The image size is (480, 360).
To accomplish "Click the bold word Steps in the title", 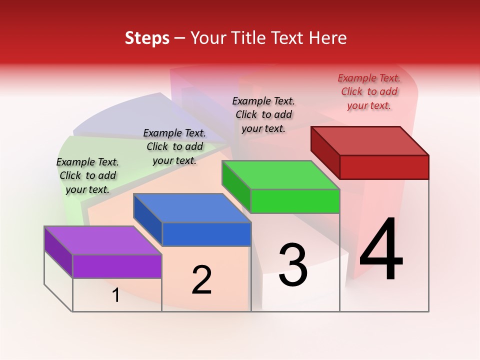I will click(x=147, y=38).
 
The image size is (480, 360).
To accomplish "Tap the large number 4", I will click(x=381, y=250).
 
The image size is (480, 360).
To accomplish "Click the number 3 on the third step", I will click(x=293, y=265).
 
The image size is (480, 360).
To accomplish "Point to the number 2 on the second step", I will click(x=202, y=280).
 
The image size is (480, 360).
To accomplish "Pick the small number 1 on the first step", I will click(x=116, y=295).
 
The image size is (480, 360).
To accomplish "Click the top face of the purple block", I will click(x=102, y=240).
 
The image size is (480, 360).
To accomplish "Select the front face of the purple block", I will click(x=117, y=266).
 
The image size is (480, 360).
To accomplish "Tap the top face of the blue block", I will click(x=192, y=208).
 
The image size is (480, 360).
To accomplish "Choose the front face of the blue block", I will click(x=206, y=234).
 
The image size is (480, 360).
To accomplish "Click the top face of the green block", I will click(x=280, y=175).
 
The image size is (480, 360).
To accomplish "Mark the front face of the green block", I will click(x=295, y=201).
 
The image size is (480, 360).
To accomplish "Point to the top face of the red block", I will click(x=370, y=140).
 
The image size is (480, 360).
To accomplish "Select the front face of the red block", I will click(x=384, y=167).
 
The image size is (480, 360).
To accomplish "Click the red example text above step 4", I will click(x=369, y=91).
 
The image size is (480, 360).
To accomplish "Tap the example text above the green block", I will click(x=264, y=114).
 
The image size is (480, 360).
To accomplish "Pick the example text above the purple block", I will click(x=87, y=175).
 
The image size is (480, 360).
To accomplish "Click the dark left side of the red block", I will click(x=325, y=152).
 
